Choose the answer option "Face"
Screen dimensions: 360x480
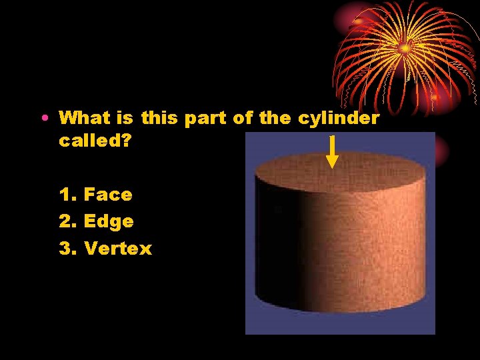[108, 195]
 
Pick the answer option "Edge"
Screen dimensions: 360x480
[109, 221]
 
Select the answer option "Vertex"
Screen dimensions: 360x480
[118, 249]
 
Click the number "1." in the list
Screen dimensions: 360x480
[68, 195]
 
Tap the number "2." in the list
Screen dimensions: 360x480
[68, 221]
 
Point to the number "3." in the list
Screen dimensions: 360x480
[68, 249]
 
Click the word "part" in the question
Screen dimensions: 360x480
[205, 119]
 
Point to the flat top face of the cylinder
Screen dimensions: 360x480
[340, 173]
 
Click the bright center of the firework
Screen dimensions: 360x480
[403, 47]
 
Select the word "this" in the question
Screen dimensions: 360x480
[159, 119]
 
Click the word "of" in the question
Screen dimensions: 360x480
[242, 119]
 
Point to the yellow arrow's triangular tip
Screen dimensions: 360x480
[332, 162]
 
